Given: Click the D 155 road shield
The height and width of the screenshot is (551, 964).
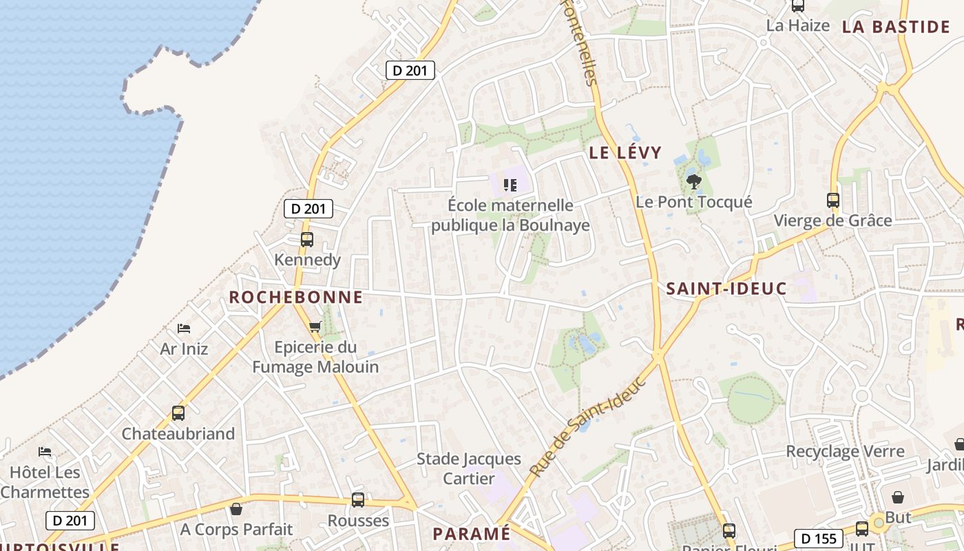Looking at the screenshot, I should [x=819, y=538].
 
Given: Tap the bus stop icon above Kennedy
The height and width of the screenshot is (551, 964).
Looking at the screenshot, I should [x=307, y=240].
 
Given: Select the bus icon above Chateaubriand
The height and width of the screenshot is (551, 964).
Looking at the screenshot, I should [x=178, y=413].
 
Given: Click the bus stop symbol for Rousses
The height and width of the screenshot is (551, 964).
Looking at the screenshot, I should [x=357, y=500].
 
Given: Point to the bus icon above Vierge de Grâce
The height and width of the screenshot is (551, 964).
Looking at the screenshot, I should [x=833, y=200].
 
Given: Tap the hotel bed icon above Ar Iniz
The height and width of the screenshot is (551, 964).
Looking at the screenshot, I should [x=183, y=329].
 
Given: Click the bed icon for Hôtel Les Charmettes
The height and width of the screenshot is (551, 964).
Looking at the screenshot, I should [x=45, y=453].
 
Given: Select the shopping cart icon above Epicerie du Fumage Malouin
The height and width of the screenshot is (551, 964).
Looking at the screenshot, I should [x=315, y=326].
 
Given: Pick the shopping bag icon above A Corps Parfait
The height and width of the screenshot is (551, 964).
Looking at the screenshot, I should [x=236, y=509].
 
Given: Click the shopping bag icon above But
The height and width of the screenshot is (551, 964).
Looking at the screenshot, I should [x=898, y=497].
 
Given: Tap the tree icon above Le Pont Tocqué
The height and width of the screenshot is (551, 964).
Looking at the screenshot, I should [x=693, y=182].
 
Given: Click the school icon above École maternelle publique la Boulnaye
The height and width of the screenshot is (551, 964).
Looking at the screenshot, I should [x=510, y=185].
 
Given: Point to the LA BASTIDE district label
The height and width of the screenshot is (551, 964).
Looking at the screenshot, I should [x=895, y=27].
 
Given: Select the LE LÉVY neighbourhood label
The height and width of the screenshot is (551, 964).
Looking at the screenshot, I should [x=625, y=153].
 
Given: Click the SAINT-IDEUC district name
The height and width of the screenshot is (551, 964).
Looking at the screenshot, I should [x=726, y=289].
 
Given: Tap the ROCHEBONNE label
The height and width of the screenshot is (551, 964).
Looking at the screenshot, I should [x=295, y=298].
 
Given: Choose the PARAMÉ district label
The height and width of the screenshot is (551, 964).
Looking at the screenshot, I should [x=472, y=534].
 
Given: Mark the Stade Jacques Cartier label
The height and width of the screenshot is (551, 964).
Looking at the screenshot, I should [x=469, y=468].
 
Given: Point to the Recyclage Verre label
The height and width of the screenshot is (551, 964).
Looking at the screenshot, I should [x=845, y=452].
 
